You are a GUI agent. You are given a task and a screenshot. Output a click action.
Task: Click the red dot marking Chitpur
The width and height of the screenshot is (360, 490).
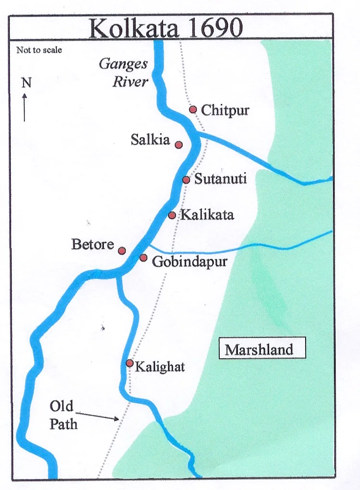click(193, 110)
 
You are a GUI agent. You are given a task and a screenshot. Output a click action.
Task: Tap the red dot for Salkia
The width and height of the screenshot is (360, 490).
click(178, 145)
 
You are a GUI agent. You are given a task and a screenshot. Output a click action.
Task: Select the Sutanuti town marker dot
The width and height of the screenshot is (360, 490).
click(186, 180)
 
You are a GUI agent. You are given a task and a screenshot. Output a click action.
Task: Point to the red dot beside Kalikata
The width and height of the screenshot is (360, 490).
click(172, 215)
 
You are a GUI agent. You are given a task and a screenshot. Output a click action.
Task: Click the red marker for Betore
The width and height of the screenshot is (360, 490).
click(122, 251)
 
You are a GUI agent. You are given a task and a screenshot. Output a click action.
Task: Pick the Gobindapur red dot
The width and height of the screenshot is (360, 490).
click(143, 258)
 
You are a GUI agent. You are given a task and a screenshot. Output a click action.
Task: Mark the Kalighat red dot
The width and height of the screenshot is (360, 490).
click(129, 363)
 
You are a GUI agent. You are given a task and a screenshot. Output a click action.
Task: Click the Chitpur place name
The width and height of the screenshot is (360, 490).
click(225, 110)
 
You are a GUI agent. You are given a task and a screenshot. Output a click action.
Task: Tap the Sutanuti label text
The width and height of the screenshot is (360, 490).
click(220, 179)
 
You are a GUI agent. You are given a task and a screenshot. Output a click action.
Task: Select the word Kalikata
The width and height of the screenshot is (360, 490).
click(207, 214)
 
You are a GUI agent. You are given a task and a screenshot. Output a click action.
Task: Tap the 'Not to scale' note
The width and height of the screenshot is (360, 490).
click(39, 50)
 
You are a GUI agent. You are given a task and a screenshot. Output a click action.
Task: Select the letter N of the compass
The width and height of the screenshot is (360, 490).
click(26, 83)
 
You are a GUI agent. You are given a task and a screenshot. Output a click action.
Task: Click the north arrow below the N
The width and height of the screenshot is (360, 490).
click(25, 107)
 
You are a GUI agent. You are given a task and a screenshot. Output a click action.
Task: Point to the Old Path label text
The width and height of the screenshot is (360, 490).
click(63, 415)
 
